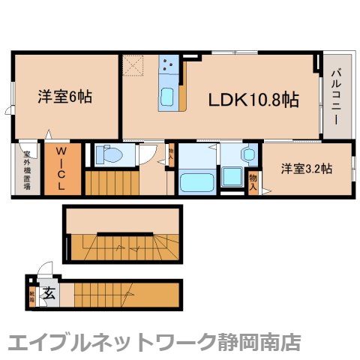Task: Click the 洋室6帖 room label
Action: (x=65, y=97)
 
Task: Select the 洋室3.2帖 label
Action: (x=307, y=169)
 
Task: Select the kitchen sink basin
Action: (x=166, y=97)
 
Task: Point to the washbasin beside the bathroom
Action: (x=248, y=154)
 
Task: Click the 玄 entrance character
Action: (x=49, y=292)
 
